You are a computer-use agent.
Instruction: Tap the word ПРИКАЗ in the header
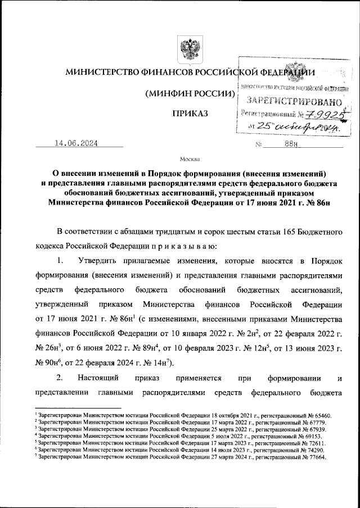(x=190, y=114)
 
